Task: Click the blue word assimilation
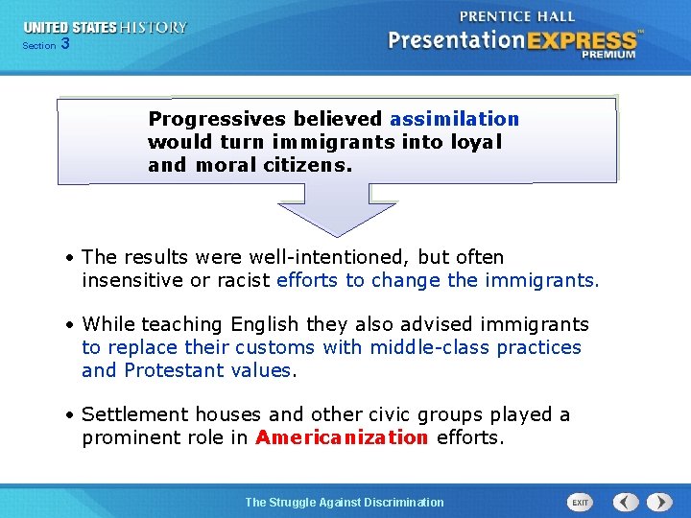pyautogui.click(x=454, y=119)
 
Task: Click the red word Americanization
pyautogui.click(x=342, y=437)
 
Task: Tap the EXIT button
pyautogui.click(x=581, y=502)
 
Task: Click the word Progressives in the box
pyautogui.click(x=217, y=119)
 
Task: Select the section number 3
pyautogui.click(x=64, y=44)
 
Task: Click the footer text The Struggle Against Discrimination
pyautogui.click(x=345, y=502)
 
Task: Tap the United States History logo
pyautogui.click(x=106, y=28)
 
